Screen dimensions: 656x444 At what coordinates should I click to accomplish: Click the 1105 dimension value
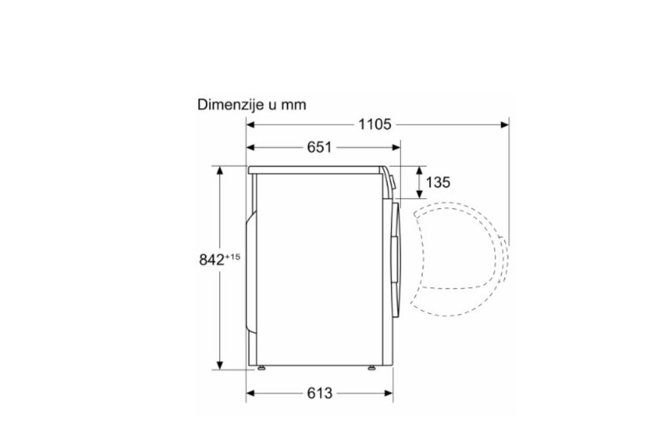375,124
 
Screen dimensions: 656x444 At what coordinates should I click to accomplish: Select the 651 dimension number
319,147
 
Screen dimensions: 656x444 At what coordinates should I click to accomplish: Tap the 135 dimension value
438,182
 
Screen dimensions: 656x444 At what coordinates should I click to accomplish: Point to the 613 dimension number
319,393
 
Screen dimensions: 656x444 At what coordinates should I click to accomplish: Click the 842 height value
212,260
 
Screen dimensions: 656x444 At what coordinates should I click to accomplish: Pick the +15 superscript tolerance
233,256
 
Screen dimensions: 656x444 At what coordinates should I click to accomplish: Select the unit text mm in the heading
294,105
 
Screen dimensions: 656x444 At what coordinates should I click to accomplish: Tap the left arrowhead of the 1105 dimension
251,124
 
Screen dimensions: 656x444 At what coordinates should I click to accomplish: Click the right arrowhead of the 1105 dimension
504,124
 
